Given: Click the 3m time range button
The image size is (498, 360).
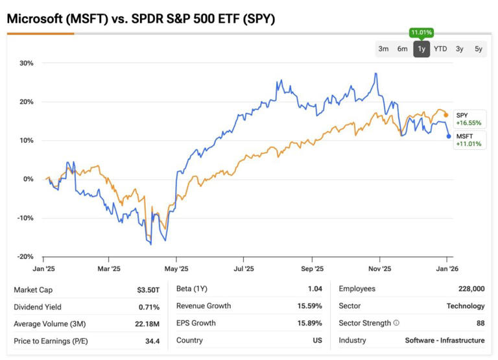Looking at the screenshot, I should pos(383,49).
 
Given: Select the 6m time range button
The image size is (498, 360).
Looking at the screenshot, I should pos(402,49).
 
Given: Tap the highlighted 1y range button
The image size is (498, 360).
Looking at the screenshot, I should pos(421,49).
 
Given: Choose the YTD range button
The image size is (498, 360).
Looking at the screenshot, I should pos(440,49).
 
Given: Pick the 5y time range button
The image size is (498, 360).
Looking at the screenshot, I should pos(478,49).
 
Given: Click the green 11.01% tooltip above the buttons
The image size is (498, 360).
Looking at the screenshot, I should pos(421,32).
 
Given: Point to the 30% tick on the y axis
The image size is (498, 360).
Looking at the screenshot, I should pos(27,63).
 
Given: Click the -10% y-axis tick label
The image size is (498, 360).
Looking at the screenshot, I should pos(25,218).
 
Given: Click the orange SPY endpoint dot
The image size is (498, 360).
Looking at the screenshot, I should pos(445,115).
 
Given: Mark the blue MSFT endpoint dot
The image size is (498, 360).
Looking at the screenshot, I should pos(449,136).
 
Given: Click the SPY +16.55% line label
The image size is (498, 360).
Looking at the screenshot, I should pos(468,119).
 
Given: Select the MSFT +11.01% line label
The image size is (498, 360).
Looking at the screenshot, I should pos(469,139).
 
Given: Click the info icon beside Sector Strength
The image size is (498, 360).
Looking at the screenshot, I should pos(396,323).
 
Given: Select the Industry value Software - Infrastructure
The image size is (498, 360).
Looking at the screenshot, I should pos(445,341).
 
